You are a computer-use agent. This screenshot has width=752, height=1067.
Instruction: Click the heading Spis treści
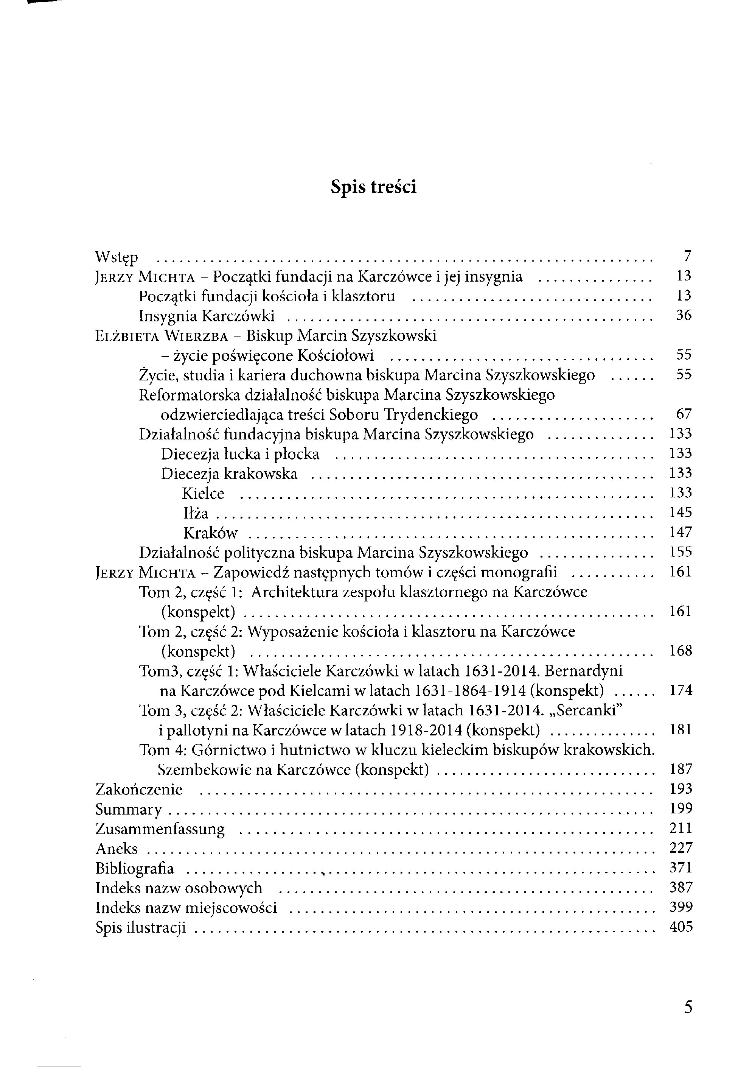coord(373,187)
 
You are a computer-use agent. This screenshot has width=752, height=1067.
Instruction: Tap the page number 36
coord(684,316)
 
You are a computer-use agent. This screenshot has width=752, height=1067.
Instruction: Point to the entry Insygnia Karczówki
coord(207,316)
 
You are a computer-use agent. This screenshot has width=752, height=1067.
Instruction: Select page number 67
coord(684,414)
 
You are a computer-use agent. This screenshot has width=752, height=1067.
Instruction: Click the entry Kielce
coord(204,494)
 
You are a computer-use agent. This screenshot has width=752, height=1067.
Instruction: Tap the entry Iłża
coord(196,513)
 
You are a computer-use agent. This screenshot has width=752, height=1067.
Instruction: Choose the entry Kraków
coord(210,533)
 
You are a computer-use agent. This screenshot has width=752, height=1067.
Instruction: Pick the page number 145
coord(681,512)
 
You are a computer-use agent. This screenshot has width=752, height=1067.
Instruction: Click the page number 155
coord(681,552)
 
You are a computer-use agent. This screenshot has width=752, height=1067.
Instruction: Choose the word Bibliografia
coord(135,869)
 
